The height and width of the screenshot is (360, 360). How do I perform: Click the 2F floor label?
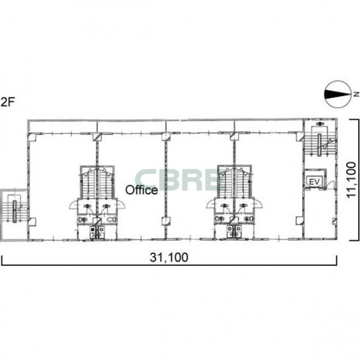(7, 102)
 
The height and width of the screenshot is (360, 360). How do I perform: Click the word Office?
(142, 190)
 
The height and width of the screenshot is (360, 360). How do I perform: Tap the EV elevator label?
(314, 182)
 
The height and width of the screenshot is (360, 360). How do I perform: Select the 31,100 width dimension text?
(169, 257)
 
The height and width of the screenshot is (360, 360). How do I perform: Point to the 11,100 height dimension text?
(351, 180)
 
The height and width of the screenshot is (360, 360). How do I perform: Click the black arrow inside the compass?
(337, 94)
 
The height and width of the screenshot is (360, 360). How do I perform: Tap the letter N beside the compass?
(357, 94)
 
